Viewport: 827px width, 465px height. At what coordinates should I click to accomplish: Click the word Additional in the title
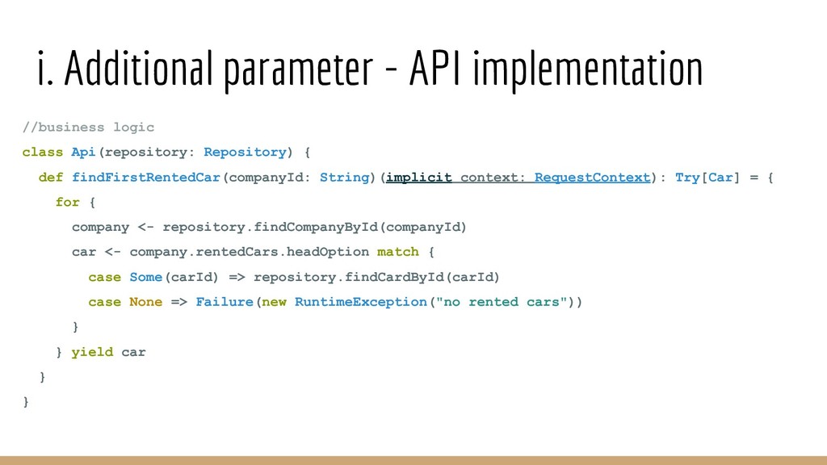click(x=137, y=70)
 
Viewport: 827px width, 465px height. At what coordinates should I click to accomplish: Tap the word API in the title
click(x=435, y=70)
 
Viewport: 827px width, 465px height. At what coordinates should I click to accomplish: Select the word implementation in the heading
click(x=587, y=70)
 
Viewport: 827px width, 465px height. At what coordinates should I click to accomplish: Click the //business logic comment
click(x=88, y=128)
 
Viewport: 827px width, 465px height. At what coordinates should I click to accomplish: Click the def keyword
click(x=51, y=178)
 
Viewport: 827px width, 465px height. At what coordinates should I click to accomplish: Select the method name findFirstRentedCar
click(x=146, y=178)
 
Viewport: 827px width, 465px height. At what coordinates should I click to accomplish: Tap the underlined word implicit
click(x=419, y=178)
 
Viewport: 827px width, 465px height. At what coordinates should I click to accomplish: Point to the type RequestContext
click(x=592, y=178)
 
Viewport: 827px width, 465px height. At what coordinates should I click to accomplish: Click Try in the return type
click(x=686, y=178)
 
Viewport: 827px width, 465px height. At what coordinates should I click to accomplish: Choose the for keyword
click(x=67, y=203)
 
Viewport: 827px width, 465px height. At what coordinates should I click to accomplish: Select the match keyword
click(x=398, y=252)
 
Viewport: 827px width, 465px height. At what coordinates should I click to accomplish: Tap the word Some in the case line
click(x=145, y=278)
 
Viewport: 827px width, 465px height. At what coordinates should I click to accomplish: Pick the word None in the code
click(x=145, y=302)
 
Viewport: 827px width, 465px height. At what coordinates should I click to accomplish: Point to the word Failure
click(x=225, y=302)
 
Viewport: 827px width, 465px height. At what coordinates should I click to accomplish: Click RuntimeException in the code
click(x=360, y=302)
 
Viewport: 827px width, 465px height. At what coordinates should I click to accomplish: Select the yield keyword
click(x=92, y=352)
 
